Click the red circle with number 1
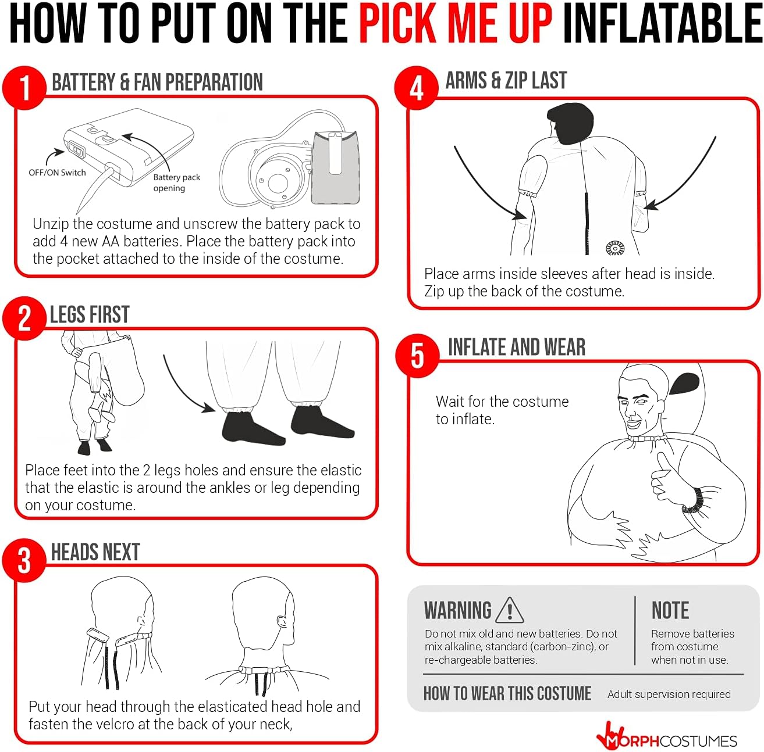tap(24, 87)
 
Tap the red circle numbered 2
tap(24, 318)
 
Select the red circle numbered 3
tap(24, 560)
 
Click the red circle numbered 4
tap(416, 88)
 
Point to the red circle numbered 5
tap(417, 355)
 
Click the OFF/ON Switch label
tap(57, 173)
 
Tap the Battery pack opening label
tap(176, 182)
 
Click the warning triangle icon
tap(510, 610)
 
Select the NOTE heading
tap(670, 610)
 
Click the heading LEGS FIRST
tap(90, 314)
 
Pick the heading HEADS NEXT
tap(95, 552)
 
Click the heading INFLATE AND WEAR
tap(516, 347)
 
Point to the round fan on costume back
tap(614, 248)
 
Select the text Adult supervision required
tap(669, 694)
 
